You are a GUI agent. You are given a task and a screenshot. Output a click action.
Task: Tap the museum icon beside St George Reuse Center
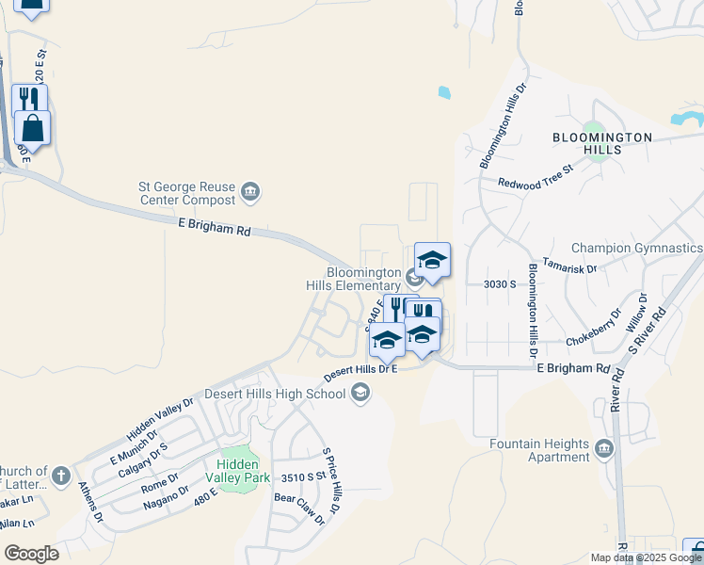250,194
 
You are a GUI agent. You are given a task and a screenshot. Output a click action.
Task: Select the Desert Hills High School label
280,394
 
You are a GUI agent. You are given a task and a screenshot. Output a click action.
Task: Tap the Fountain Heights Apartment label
539,450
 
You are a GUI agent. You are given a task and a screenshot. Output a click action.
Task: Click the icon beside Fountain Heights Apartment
603,448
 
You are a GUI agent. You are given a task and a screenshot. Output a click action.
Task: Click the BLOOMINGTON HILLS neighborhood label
601,143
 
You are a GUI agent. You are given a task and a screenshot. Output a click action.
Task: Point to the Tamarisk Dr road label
569,268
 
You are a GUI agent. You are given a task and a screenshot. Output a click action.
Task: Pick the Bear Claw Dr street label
298,508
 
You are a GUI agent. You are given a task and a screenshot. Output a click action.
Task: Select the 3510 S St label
298,476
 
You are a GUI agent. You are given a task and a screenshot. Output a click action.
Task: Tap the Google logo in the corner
31,554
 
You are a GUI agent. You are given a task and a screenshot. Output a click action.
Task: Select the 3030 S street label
500,283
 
